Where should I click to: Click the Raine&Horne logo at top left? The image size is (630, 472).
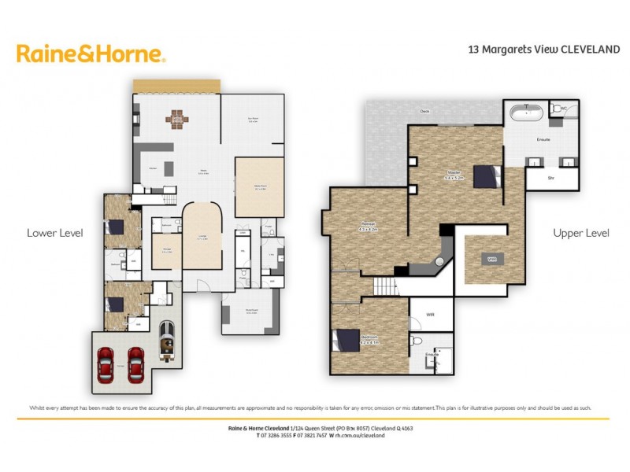coord(91,53)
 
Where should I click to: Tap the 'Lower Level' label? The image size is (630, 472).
coord(54,233)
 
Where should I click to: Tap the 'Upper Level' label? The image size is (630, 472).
coord(581,233)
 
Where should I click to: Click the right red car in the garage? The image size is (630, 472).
coord(135,364)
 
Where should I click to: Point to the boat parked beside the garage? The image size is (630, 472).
coord(167,340)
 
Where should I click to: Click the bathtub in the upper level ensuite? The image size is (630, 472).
coord(526,112)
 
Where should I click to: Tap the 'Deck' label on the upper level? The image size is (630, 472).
coord(424,112)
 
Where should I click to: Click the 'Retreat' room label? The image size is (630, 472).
coord(369,228)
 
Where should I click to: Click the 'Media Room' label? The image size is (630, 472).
coord(259,187)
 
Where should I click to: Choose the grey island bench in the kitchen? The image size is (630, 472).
coord(157,149)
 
